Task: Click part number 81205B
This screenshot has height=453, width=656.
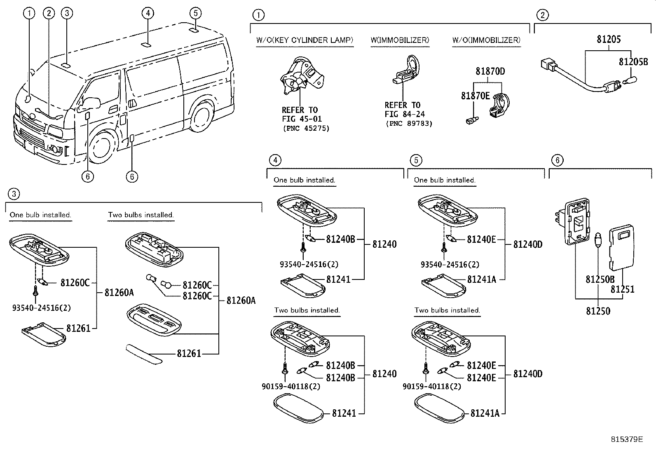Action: (x=633, y=61)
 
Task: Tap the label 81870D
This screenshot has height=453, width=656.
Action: (x=490, y=71)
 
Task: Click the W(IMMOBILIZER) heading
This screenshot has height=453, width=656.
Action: (x=399, y=40)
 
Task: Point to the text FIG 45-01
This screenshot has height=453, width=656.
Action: (x=302, y=119)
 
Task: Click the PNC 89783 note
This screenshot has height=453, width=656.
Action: (x=409, y=123)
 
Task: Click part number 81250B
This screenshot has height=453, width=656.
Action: (x=600, y=279)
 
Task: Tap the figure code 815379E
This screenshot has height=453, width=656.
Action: (x=628, y=439)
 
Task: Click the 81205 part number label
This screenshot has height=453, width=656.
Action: (x=609, y=40)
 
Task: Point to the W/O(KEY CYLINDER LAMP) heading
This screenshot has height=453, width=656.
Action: (x=305, y=40)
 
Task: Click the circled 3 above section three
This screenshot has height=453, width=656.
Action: (x=14, y=194)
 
